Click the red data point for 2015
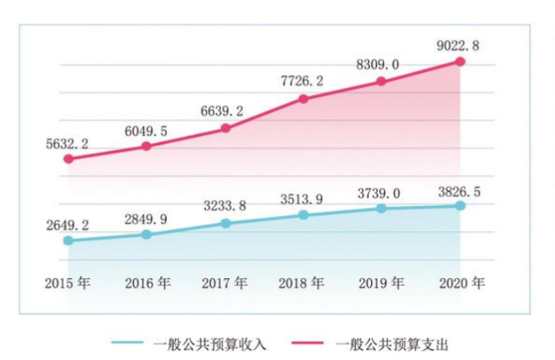point(69,158)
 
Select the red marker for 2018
point(304,99)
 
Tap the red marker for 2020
point(460,61)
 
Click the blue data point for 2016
point(146,234)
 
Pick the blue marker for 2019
point(382,208)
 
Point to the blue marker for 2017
point(225,223)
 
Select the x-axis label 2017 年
point(225,283)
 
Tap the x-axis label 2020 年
point(460,283)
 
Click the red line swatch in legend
point(311,343)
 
